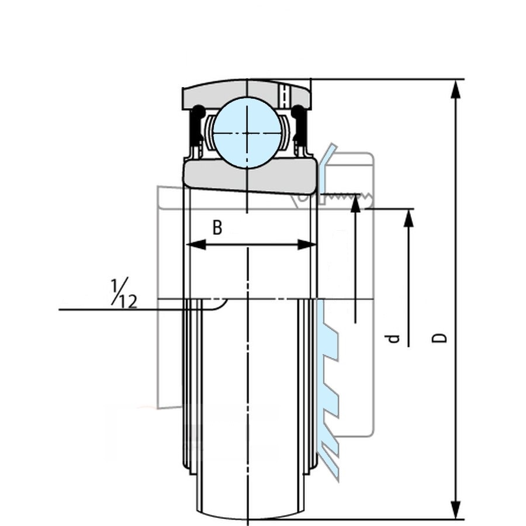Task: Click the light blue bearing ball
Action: (247, 133)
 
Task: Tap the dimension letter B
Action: (217, 227)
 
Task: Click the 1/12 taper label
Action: (123, 293)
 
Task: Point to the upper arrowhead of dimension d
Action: (409, 218)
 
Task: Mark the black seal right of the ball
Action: (300, 126)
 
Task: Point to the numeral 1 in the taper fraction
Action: (115, 286)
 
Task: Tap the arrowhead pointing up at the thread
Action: (355, 205)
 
